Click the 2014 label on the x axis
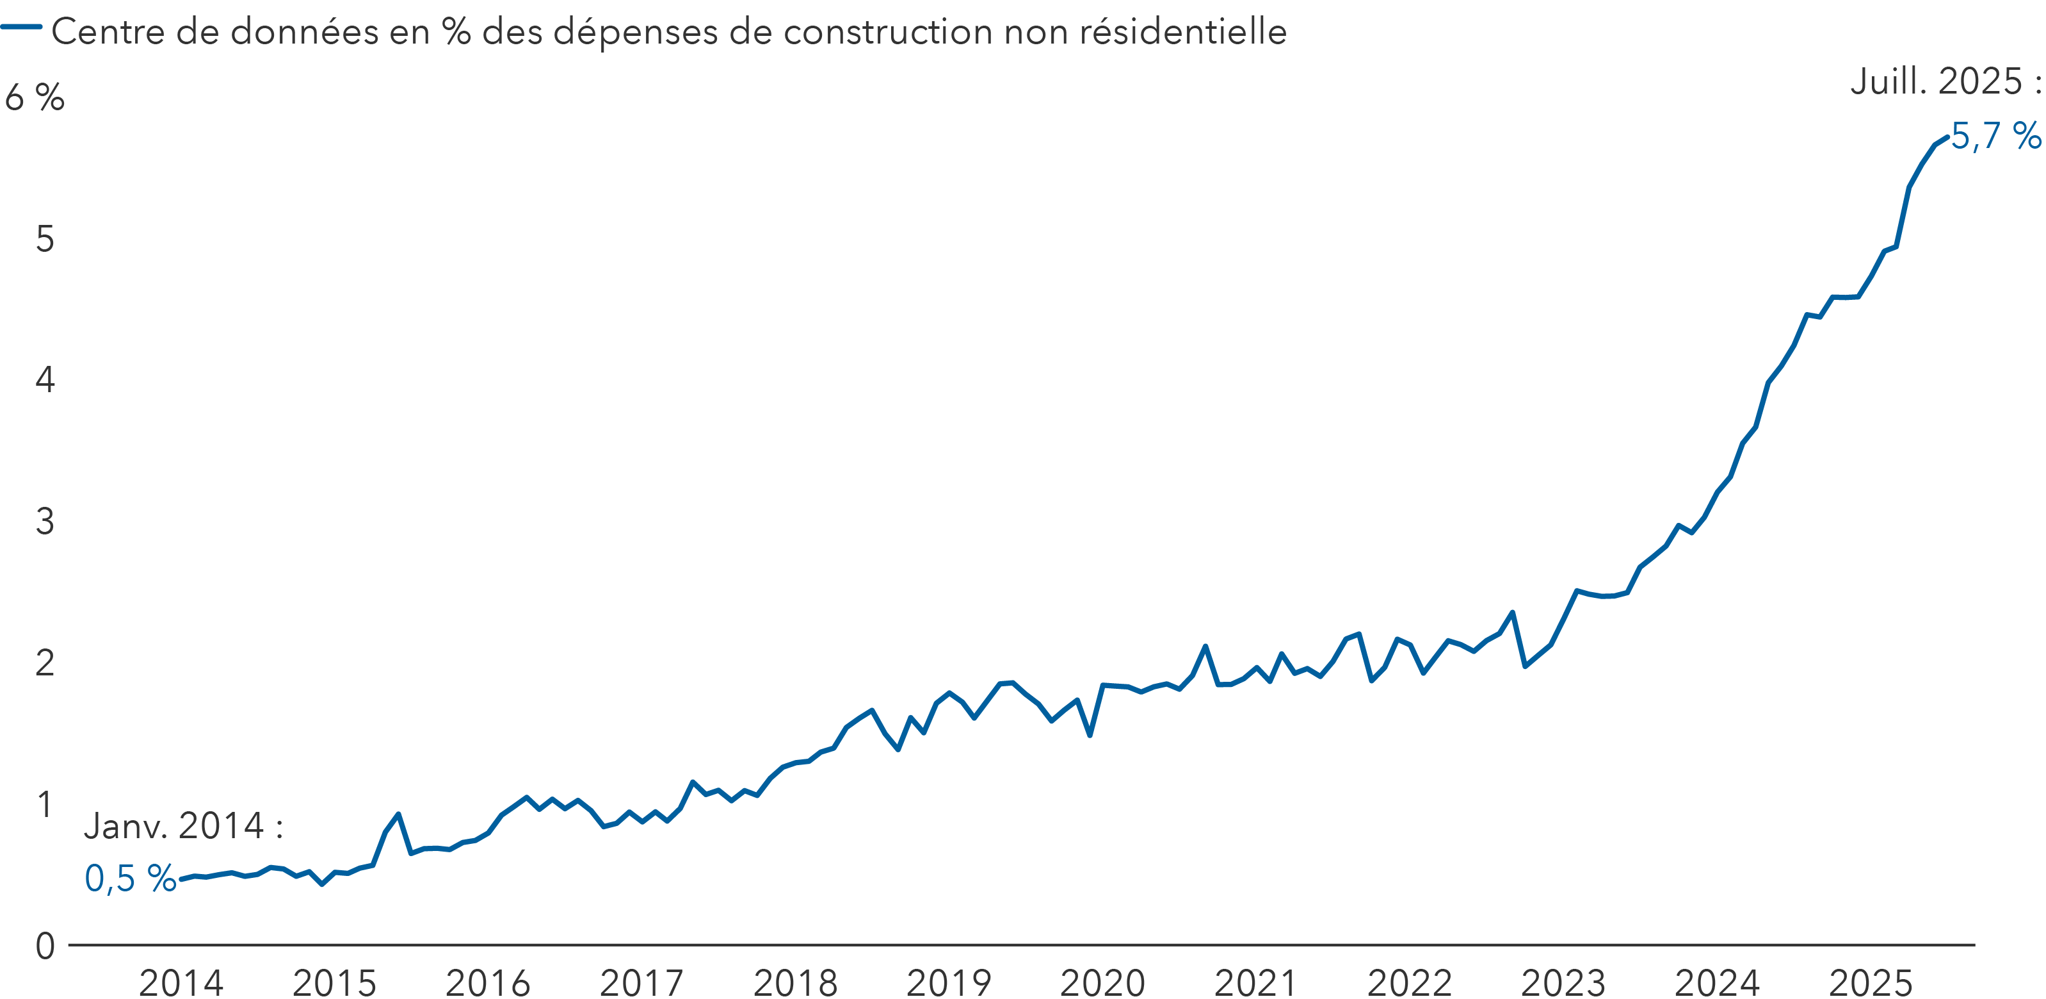pyautogui.click(x=181, y=982)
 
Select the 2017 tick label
pyautogui.click(x=641, y=982)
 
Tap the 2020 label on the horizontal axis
pyautogui.click(x=1102, y=982)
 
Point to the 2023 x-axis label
pyautogui.click(x=1563, y=982)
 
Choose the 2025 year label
pyautogui.click(x=1871, y=982)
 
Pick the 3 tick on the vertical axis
pyautogui.click(x=45, y=522)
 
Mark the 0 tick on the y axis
pyautogui.click(x=45, y=946)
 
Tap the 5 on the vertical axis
pyautogui.click(x=45, y=238)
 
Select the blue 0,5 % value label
pyautogui.click(x=130, y=878)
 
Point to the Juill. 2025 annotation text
pyautogui.click(x=1944, y=81)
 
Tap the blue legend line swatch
pyautogui.click(x=21, y=27)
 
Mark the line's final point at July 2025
pyautogui.click(x=1947, y=136)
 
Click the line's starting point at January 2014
pyautogui.click(x=182, y=879)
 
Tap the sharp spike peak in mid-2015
pyautogui.click(x=398, y=814)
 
